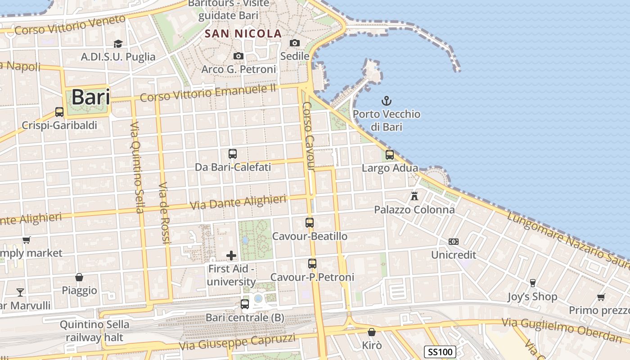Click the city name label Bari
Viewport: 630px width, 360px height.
(x=90, y=97)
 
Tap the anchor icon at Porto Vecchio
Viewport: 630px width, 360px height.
(x=387, y=100)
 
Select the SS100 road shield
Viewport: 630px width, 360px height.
(x=440, y=352)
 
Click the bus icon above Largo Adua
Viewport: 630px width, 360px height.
(x=390, y=155)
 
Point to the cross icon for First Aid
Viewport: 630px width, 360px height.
(x=231, y=256)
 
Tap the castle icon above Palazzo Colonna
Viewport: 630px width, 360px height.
(x=414, y=196)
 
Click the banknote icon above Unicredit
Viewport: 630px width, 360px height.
(x=453, y=242)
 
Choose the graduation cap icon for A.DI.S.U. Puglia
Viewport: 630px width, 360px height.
(x=118, y=44)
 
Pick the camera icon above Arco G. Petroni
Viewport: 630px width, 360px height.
(x=238, y=56)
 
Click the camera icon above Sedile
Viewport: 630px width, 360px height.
(x=295, y=43)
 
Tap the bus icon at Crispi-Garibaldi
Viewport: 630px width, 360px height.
(x=59, y=112)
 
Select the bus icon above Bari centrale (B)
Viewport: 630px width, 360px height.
(x=245, y=304)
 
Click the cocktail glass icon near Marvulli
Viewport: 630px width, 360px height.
(x=20, y=292)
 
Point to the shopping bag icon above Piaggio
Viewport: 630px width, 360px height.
(x=79, y=277)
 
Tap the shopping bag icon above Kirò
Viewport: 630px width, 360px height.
(x=372, y=333)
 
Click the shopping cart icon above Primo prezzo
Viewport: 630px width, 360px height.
(x=601, y=297)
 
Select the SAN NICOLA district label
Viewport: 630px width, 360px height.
(x=243, y=33)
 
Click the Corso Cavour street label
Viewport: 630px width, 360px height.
(x=308, y=136)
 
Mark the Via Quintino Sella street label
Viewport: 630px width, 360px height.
(x=136, y=167)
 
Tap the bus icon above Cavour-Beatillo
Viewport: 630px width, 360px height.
(x=310, y=222)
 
